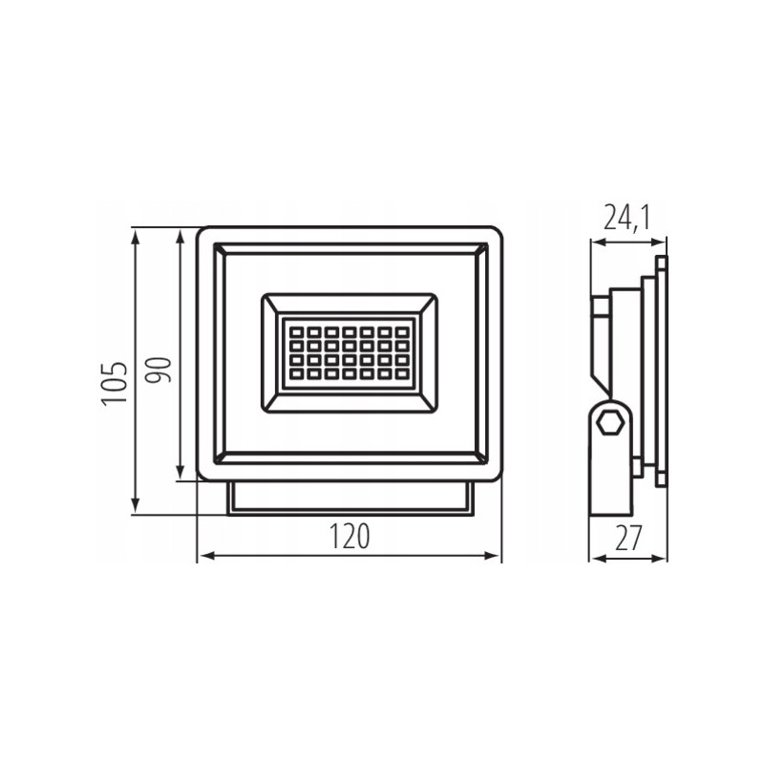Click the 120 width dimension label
click(x=350, y=536)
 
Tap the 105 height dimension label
click(x=115, y=383)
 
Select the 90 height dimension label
click(x=159, y=371)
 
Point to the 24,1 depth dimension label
click(x=627, y=218)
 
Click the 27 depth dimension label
click(x=628, y=538)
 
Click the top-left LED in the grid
click(x=296, y=332)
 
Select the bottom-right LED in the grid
click(x=401, y=374)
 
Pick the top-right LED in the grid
click(x=401, y=332)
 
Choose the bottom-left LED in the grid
click(x=296, y=374)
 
